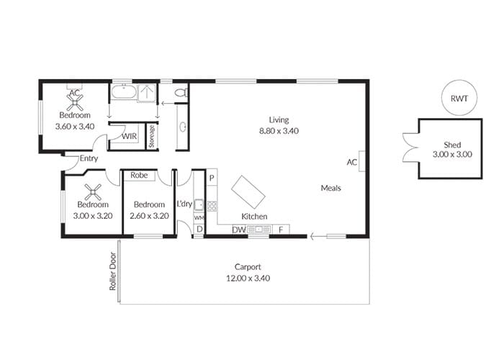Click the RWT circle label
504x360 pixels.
[x=459, y=99]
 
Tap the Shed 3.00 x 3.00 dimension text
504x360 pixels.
[x=452, y=154]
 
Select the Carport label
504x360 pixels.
[x=248, y=267]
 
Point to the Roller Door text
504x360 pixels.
[x=112, y=271]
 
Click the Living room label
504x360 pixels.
[x=279, y=120]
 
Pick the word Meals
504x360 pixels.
[x=330, y=188]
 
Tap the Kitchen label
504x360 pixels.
[x=254, y=217]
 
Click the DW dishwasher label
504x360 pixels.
[x=239, y=230]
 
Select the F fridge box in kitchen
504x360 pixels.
[x=281, y=230]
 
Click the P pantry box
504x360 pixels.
[x=212, y=178]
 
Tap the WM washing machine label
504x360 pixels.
[x=199, y=217]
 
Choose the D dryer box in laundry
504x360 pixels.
[x=199, y=229]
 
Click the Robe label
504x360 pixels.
[x=139, y=175]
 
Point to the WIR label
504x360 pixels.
[x=129, y=136]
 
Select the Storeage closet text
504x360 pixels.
[x=152, y=137]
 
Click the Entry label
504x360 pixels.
[x=89, y=158]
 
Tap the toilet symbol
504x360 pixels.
[x=181, y=93]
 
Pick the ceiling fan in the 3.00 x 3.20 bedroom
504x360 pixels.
[x=93, y=192]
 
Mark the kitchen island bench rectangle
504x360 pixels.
[x=248, y=193]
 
